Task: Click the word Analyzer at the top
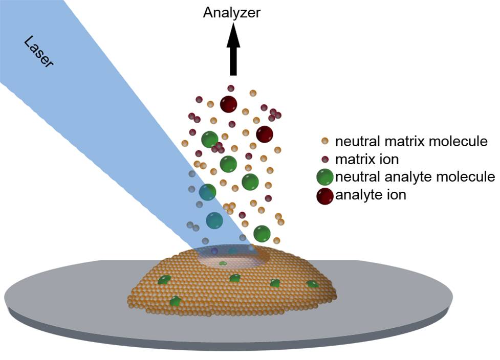point(231,12)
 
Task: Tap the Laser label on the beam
point(39,52)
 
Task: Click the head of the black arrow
point(233,35)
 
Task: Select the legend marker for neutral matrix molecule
point(324,141)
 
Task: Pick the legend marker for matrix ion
point(324,159)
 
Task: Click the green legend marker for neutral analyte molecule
point(325,177)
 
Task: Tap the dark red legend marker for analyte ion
point(325,195)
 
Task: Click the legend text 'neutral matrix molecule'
point(411,141)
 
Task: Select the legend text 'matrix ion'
point(366,159)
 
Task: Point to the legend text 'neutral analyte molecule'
point(415,177)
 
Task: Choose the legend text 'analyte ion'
point(371,195)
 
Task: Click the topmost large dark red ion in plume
point(228,104)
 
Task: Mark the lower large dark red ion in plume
point(265,134)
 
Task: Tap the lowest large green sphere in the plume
point(262,233)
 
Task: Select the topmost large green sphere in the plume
point(210,139)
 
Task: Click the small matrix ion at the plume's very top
point(231,88)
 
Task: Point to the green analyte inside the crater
point(223,264)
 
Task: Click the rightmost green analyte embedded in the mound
point(312,284)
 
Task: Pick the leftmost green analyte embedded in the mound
point(164,280)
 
